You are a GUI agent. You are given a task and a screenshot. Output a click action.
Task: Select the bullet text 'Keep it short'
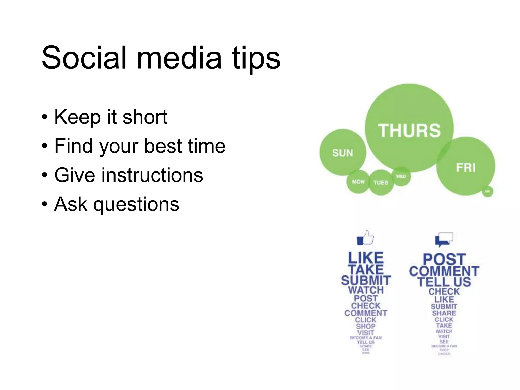tap(111, 117)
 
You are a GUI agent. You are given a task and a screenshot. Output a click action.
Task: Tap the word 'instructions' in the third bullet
tap(152, 175)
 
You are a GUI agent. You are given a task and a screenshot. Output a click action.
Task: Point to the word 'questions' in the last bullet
tap(137, 204)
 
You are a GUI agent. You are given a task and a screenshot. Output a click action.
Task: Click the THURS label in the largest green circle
tap(409, 131)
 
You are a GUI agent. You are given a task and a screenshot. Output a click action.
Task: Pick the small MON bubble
tap(358, 182)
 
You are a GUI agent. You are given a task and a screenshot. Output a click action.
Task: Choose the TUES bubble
tap(381, 183)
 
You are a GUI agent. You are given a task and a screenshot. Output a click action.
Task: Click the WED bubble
tap(401, 176)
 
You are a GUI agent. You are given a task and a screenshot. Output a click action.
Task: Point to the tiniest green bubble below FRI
tap(487, 191)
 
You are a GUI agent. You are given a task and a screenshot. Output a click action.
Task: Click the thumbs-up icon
tap(365, 238)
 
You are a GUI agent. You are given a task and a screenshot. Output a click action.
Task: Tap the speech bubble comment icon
tap(444, 239)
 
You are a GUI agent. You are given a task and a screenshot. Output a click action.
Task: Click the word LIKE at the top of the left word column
tap(366, 258)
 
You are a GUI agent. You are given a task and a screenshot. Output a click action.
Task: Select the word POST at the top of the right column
tap(444, 259)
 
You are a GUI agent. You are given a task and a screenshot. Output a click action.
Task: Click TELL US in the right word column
tap(444, 282)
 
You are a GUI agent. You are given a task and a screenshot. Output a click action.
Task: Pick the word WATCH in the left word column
tap(366, 290)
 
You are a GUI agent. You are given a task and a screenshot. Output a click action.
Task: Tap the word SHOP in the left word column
tap(366, 326)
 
